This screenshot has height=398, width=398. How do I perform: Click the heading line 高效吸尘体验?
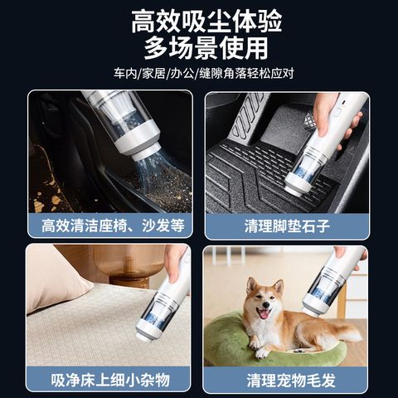coord(206,22)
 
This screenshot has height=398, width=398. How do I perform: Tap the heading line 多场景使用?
coord(206,48)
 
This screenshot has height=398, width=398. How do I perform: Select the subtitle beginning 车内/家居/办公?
coord(204,74)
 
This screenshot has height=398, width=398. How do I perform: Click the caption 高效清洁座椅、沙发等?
coord(113,226)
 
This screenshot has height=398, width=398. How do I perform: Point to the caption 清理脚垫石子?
coord(287,226)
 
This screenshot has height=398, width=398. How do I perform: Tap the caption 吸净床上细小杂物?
coord(110,380)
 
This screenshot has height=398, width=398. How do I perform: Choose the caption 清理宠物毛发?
coord(291,381)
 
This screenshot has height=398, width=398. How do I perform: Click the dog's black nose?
coord(266,304)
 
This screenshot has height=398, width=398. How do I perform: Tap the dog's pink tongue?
coord(264,314)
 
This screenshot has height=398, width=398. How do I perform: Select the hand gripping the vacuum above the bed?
coord(175,263)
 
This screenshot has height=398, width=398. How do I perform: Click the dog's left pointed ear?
coord(251,285)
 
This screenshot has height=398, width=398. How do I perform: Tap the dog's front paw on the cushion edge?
coord(261,353)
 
